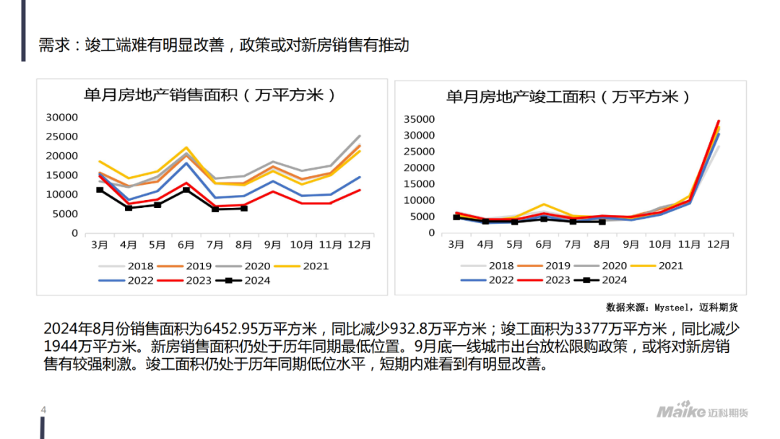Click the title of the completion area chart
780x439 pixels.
click(x=568, y=96)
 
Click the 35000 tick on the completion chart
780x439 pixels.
click(x=419, y=119)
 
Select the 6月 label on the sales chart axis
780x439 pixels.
click(x=186, y=245)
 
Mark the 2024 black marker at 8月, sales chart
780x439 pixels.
click(x=244, y=208)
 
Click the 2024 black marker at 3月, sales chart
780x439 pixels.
click(x=100, y=190)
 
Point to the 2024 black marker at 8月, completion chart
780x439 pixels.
click(x=602, y=222)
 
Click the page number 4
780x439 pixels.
click(x=43, y=411)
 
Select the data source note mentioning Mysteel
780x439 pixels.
click(x=672, y=306)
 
